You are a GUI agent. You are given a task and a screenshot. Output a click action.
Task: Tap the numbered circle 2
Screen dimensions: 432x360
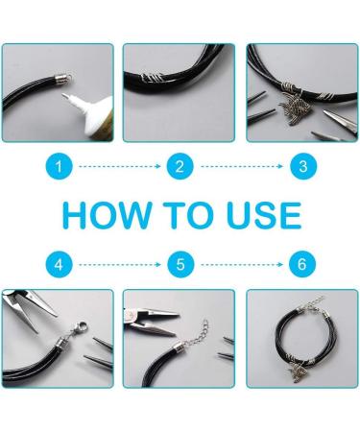tap(180, 167)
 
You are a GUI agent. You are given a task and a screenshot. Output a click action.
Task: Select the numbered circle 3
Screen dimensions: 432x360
tap(301, 167)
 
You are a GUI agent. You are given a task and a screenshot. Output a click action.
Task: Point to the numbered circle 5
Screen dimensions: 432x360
tap(180, 262)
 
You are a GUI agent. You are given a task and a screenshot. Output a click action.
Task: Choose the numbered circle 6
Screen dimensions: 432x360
tap(301, 262)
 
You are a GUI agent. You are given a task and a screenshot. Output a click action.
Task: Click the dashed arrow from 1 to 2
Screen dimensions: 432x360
tap(119, 167)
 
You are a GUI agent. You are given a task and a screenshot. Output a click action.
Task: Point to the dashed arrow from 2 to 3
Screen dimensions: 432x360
tap(241, 167)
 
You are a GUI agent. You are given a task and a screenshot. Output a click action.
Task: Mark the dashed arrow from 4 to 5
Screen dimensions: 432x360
tap(119, 262)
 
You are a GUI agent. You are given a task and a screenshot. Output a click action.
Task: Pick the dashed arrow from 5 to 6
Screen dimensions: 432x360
tap(241, 262)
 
